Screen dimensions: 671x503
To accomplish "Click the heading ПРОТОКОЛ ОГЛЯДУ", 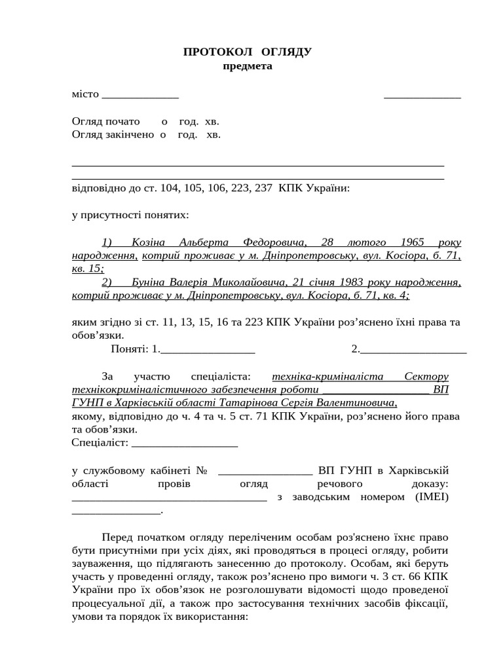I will tap(247, 52).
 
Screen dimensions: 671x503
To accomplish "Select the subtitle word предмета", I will tap(247, 66).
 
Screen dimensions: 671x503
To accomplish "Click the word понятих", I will tap(168, 214).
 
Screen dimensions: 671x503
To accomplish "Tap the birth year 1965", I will tap(414, 242).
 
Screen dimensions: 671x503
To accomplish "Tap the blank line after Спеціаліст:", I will tap(185, 444).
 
